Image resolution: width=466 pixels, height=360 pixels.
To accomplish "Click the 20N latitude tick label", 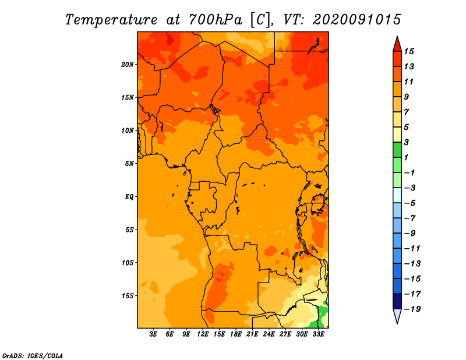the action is [x=128, y=64].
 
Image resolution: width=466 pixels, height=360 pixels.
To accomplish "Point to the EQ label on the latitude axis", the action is [x=129, y=196].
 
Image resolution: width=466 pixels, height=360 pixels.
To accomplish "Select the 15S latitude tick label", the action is [x=128, y=296].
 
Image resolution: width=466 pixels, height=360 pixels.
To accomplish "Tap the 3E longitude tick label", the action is [x=153, y=334].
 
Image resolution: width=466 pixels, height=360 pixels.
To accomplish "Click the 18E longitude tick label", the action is [x=236, y=334].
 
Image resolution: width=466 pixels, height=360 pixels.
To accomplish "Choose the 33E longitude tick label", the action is [x=318, y=334].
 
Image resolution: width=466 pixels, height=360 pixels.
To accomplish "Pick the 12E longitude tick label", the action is [x=203, y=334].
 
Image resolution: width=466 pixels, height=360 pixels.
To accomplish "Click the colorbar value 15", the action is [x=409, y=51].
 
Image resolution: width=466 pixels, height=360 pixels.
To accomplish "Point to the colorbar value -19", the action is [x=412, y=309].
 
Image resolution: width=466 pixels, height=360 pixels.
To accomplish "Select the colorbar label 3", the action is [x=406, y=142].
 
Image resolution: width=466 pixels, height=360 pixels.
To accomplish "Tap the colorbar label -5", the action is [x=410, y=203].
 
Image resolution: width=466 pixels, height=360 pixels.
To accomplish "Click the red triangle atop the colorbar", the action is [x=397, y=44].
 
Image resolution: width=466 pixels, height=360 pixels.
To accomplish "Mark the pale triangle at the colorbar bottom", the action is [x=397, y=315].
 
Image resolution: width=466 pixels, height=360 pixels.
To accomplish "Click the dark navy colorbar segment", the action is [x=397, y=301].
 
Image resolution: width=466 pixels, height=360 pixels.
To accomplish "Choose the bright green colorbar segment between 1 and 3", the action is [x=397, y=150].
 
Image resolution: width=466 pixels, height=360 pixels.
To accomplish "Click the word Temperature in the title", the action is [x=111, y=20].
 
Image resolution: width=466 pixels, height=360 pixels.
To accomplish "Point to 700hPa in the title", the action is [x=215, y=20].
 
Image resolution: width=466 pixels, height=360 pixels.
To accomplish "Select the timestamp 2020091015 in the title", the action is [x=357, y=20].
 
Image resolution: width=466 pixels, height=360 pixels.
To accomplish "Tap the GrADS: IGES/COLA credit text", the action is [x=33, y=356].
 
